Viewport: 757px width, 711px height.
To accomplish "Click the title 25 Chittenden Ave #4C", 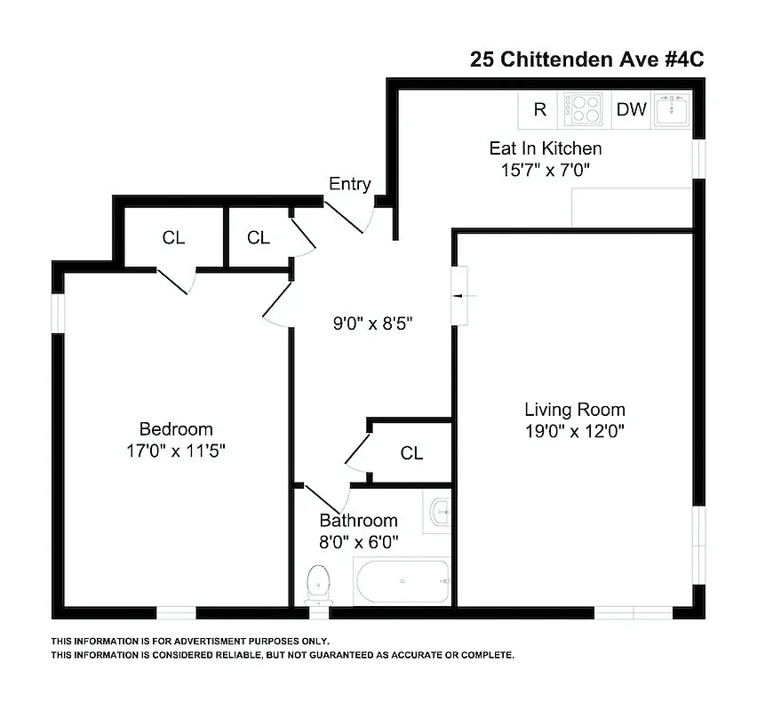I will point(586,60).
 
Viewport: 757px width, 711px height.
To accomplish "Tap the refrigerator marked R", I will point(539,109).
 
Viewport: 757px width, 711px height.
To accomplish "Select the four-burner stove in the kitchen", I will point(583,109).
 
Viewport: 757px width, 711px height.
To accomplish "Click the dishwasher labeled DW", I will point(631,109).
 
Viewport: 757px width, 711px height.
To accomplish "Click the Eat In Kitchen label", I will point(545,148).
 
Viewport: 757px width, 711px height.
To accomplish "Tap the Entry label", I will point(349,184).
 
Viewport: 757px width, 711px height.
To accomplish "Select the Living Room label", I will point(574,410).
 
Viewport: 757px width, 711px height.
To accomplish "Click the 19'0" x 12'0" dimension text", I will point(574,432).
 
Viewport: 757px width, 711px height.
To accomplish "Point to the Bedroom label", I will point(176,429).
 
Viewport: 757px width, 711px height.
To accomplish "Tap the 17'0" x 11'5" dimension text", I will point(176,451).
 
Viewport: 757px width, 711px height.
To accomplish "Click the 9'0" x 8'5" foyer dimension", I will point(373,324).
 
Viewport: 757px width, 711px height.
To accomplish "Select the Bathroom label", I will point(358,520).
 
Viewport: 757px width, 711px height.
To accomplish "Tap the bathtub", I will point(402,582).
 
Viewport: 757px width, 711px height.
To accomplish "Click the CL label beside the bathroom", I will point(411,453).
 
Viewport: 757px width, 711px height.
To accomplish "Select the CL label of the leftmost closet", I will point(173,237).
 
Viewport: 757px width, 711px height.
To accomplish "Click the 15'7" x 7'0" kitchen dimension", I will point(545,168).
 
